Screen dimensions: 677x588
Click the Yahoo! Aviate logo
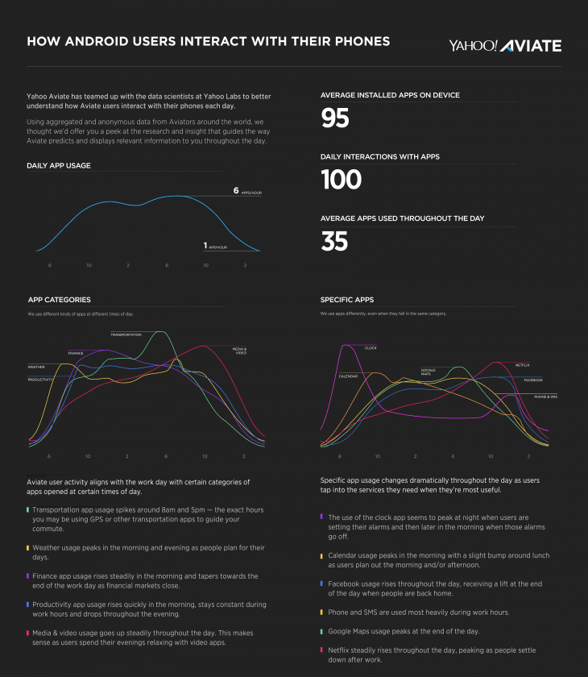[x=505, y=45]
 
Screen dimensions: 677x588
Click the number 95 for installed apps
[x=335, y=118]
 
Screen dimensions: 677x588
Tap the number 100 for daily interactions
[x=341, y=180]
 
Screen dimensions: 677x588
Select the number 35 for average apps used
[x=335, y=241]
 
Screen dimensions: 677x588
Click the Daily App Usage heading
[x=58, y=165]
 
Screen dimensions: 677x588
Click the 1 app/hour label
[x=215, y=246]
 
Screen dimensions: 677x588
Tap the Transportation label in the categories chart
[x=126, y=334]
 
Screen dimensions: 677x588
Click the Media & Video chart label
[x=240, y=351]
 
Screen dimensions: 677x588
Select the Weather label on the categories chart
[x=36, y=367]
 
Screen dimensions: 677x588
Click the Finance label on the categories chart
[x=76, y=353]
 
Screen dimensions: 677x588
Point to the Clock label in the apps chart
[x=371, y=348]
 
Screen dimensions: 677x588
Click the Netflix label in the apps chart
[x=522, y=365]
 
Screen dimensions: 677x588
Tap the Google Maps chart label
[x=427, y=372]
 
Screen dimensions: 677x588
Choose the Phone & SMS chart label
[x=545, y=397]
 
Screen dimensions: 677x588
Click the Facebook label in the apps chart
[x=533, y=380]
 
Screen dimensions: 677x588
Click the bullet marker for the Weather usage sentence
[x=28, y=547]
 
